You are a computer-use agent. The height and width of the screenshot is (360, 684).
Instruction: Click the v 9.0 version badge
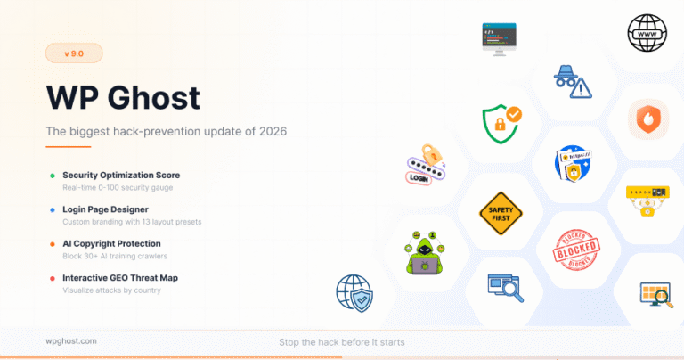[74, 53]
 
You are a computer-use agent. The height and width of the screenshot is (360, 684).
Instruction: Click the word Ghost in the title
[154, 97]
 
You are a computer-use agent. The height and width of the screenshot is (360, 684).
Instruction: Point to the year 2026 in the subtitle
[273, 131]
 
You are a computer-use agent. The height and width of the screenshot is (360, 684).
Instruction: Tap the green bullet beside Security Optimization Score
[53, 176]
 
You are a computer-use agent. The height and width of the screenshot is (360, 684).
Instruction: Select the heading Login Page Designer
[106, 209]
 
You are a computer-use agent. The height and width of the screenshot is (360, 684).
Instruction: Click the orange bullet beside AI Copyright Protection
[53, 244]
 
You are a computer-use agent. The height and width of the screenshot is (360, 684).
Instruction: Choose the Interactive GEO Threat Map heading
[120, 278]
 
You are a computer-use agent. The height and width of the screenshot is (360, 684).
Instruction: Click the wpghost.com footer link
[71, 341]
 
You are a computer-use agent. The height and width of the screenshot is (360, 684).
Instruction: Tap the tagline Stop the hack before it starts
[342, 342]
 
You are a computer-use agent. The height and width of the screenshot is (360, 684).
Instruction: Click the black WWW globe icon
[647, 33]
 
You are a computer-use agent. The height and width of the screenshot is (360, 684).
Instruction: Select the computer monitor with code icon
[500, 39]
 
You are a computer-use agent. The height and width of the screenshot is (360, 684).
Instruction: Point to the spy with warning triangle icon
[573, 82]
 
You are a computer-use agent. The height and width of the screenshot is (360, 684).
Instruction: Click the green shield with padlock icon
[501, 124]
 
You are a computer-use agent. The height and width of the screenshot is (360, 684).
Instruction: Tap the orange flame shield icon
[648, 119]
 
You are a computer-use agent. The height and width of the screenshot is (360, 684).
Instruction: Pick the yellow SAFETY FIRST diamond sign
[501, 214]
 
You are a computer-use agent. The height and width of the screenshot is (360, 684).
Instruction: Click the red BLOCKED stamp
[576, 250]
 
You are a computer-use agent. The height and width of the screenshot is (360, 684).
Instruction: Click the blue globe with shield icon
[354, 293]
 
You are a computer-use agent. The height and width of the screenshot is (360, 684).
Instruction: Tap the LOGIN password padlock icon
[426, 165]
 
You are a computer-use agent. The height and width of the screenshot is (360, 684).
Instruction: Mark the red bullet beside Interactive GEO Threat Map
[53, 278]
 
